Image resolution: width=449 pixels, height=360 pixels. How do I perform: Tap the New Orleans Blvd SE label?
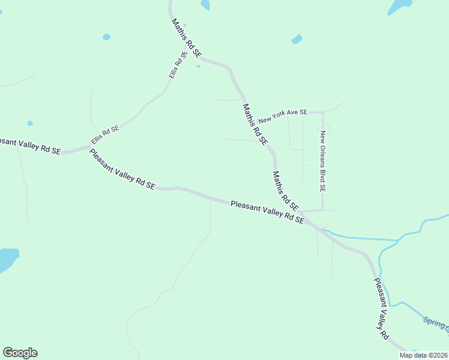point(322,161)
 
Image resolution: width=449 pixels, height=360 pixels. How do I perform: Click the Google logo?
point(20,353)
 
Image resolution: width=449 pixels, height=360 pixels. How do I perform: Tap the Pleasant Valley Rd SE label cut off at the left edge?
point(30,146)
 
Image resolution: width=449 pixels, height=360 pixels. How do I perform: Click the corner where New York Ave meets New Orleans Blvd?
point(323,112)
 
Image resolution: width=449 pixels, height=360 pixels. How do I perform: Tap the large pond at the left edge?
point(8,259)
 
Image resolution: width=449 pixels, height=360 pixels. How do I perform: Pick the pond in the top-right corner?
point(400,6)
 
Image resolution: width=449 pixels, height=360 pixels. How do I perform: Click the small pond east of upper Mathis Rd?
point(297,39)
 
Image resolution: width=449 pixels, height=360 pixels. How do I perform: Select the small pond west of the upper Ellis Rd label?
point(106,37)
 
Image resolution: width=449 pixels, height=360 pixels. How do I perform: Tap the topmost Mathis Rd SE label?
point(186,38)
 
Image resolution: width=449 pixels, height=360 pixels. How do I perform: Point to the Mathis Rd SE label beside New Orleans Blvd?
point(285,190)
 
